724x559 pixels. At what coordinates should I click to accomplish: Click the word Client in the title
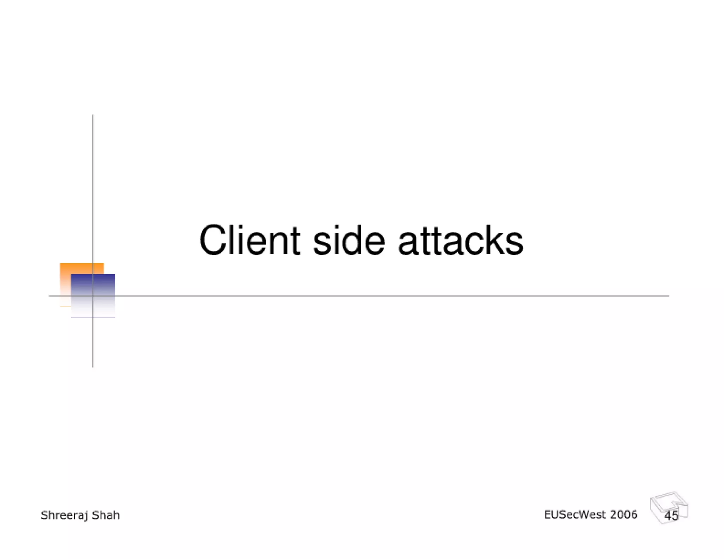[250, 240]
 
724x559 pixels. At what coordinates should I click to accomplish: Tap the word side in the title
[349, 240]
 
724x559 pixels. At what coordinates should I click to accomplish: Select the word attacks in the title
[460, 240]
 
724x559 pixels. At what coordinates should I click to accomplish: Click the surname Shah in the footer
[106, 515]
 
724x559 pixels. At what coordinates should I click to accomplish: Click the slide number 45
[671, 516]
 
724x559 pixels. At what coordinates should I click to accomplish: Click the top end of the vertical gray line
[93, 116]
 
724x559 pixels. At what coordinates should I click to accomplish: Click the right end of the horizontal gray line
[668, 296]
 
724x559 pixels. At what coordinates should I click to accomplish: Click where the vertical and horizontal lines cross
[93, 296]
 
